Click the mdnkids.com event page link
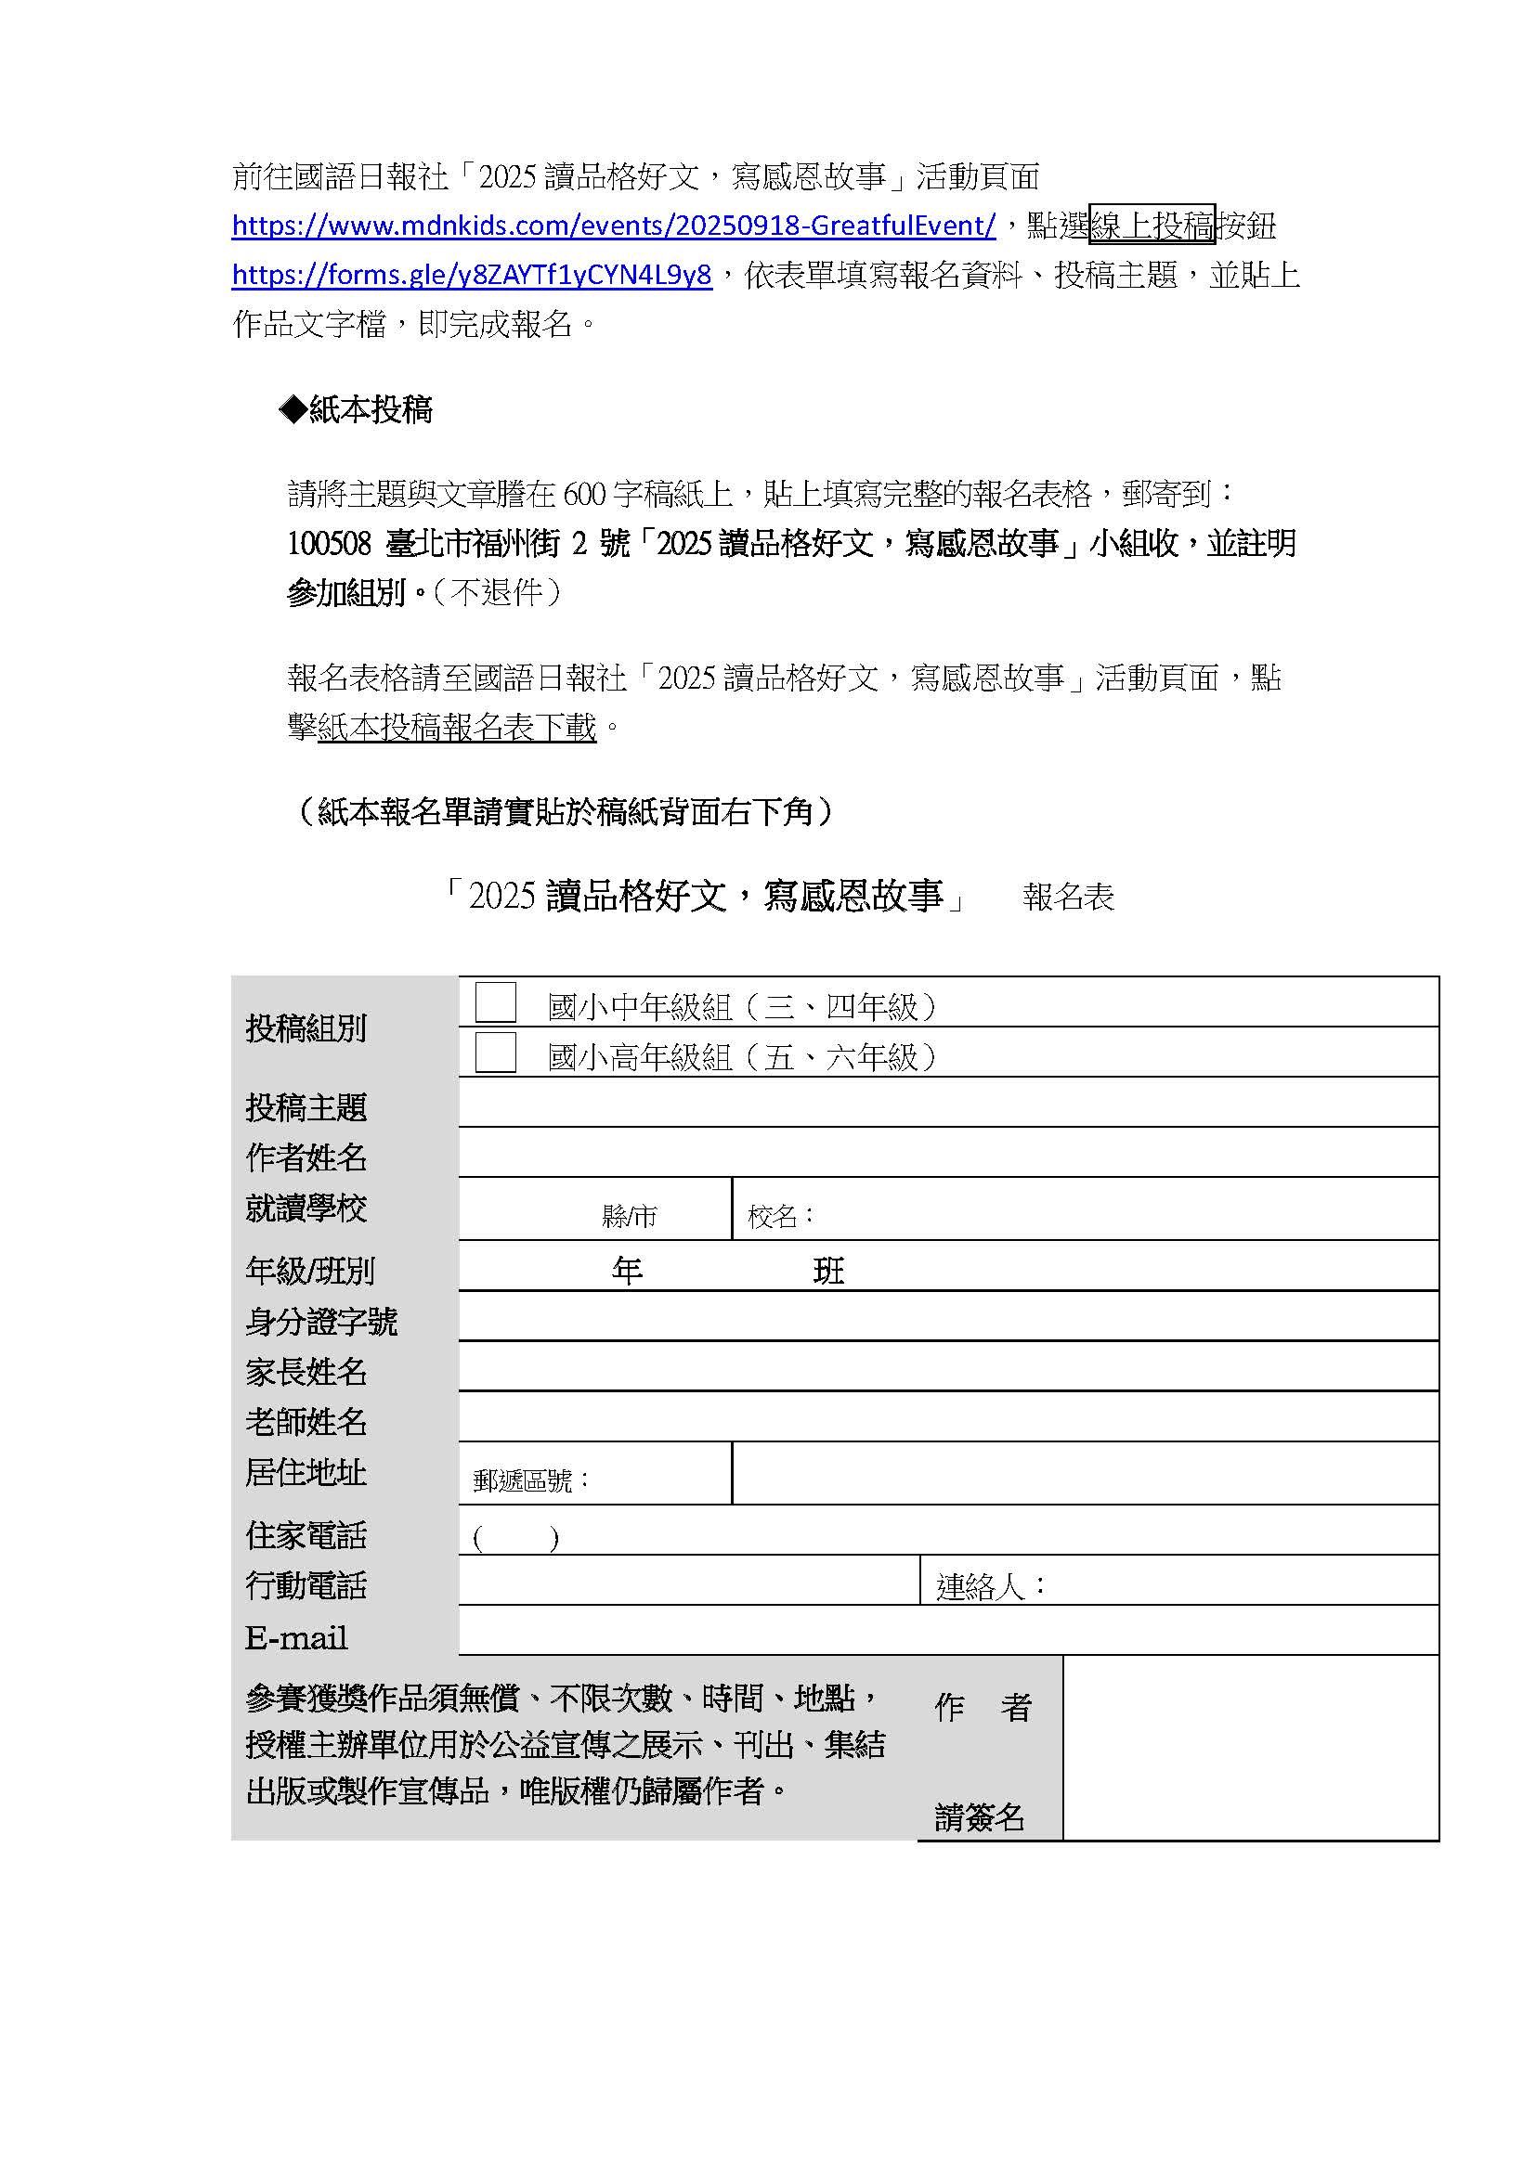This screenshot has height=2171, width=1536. (613, 226)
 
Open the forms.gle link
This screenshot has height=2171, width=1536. (471, 275)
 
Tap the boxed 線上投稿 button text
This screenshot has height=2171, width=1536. (1151, 226)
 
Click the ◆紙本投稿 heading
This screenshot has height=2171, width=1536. (356, 409)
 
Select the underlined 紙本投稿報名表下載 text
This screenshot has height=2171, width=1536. (457, 727)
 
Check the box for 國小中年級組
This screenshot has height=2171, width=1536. (495, 1002)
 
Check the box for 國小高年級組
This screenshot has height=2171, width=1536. (495, 1053)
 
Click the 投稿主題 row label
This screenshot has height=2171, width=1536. (306, 1107)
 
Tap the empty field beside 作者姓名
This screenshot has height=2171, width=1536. (948, 1154)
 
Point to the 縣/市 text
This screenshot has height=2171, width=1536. (629, 1216)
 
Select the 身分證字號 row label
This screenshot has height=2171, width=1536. (320, 1322)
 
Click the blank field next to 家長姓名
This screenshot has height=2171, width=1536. (948, 1366)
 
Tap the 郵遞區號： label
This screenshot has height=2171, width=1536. (531, 1480)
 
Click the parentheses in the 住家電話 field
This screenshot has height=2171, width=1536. (515, 1539)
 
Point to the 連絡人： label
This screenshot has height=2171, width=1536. (991, 1586)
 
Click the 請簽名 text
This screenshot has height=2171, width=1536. (979, 1816)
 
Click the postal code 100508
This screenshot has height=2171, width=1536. (329, 544)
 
